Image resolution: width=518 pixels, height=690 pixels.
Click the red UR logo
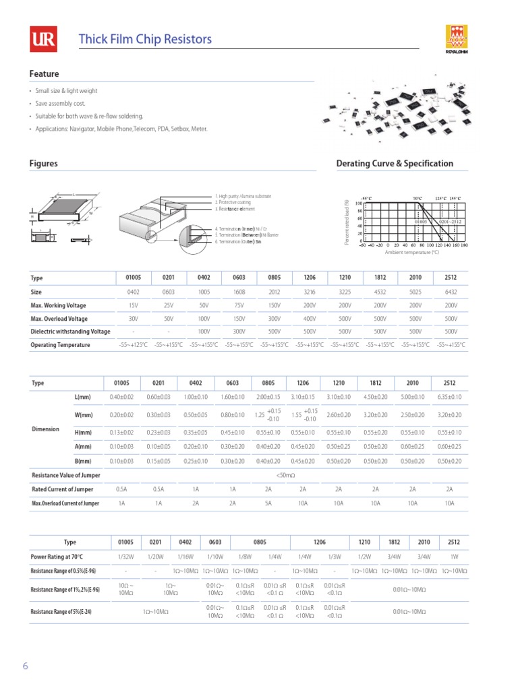coord(42,40)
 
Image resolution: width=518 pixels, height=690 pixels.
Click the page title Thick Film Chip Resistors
coord(145,39)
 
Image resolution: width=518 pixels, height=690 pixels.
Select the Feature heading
coord(44,74)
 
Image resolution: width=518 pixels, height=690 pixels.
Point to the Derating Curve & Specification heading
coord(394,164)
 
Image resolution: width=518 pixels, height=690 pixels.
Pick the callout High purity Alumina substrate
coord(243,196)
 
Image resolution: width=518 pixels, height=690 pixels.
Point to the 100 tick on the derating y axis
coord(359,203)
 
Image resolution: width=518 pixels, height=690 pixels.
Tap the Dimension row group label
coord(46,429)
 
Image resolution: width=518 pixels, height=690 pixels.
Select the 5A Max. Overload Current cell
coord(268,503)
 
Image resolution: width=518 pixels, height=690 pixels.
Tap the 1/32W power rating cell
coord(126,557)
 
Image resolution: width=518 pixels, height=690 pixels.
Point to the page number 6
coord(26,666)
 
